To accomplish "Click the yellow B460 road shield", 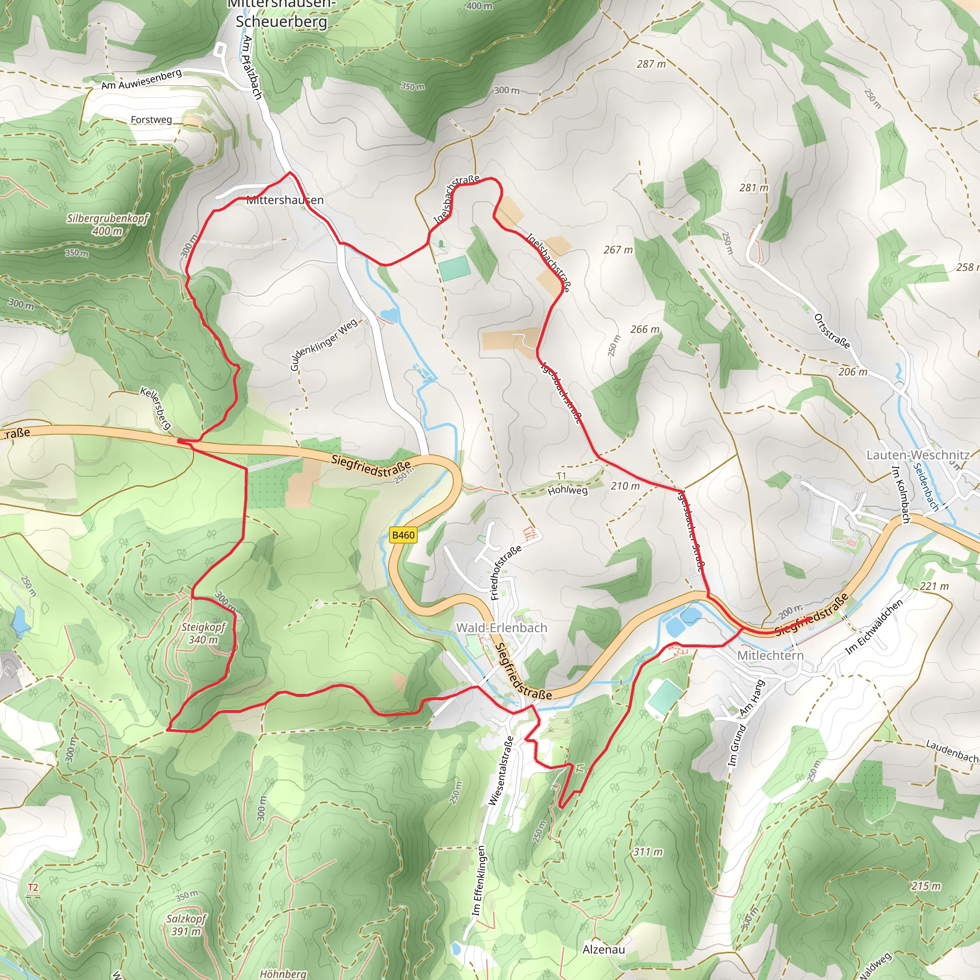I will click(x=403, y=535).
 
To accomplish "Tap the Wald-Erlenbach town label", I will click(x=501, y=628).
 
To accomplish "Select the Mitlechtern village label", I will click(x=770, y=656).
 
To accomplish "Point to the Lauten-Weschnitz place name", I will click(x=918, y=455).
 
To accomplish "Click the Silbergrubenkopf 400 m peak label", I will click(x=108, y=225).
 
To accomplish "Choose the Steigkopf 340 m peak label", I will click(x=203, y=634).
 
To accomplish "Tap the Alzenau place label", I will click(x=603, y=949).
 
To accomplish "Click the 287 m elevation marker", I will click(x=651, y=64).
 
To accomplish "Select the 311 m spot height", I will click(x=648, y=852).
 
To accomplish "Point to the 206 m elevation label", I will click(x=853, y=372).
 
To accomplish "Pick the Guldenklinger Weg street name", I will click(x=323, y=345).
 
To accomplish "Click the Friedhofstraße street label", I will click(x=506, y=573).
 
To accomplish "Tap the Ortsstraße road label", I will click(x=832, y=331).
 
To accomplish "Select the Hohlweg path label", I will click(x=568, y=490).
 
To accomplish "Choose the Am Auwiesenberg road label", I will click(x=141, y=79).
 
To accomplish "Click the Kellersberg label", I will click(x=156, y=408).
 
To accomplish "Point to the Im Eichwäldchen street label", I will click(x=875, y=626).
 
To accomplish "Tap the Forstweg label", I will click(x=151, y=120).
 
